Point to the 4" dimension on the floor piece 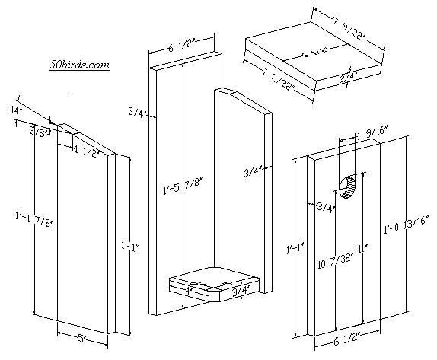188,291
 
